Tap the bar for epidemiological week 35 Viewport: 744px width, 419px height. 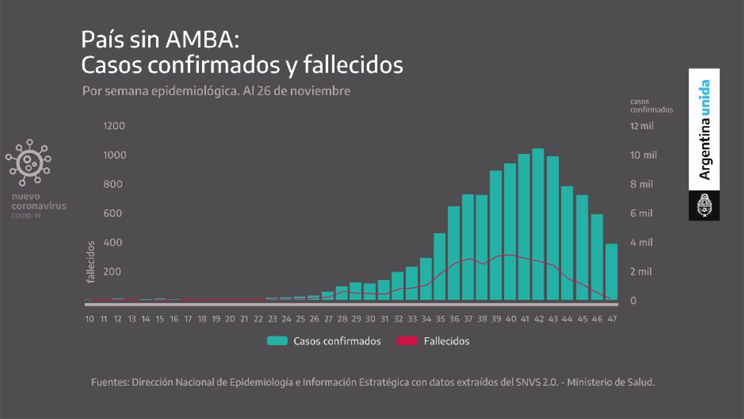coord(440,267)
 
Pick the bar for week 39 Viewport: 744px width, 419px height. coord(496,236)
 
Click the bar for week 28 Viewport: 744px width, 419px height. coord(342,294)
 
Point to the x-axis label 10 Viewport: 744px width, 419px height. coord(90,318)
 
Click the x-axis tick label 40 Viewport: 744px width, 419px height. coord(510,318)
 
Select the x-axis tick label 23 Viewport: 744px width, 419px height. coord(272,318)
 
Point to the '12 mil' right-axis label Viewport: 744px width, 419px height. coord(642,126)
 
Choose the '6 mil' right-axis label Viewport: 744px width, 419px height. coord(642,214)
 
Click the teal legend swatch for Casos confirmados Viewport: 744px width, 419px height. coord(277,341)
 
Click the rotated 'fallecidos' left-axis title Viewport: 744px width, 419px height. coord(91,263)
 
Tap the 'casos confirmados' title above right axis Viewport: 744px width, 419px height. coord(651,105)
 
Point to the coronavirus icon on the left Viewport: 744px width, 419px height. coord(28,163)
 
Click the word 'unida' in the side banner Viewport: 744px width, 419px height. coord(704,99)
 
